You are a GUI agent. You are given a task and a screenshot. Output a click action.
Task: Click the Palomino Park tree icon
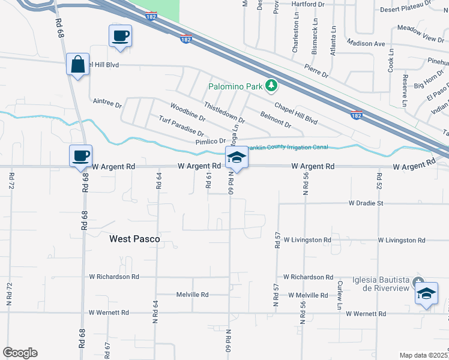coord(271,86)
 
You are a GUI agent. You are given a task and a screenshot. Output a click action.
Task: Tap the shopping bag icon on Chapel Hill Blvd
coord(79,64)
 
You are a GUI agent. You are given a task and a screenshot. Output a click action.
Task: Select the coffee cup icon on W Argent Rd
coord(80,156)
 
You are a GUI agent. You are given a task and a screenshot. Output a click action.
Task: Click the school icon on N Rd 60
coord(237,158)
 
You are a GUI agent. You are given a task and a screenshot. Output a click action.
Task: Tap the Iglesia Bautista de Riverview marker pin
coord(420,281)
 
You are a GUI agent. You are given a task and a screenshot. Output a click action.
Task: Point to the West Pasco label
coord(134,239)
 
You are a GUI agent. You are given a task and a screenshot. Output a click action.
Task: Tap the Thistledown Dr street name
coord(224,112)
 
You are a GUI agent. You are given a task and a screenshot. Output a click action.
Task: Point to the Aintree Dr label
coord(107,104)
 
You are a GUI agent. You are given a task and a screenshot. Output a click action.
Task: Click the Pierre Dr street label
coord(316,71)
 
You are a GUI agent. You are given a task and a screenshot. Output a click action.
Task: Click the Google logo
coord(20,352)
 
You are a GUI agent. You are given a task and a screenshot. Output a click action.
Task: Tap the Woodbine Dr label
coord(187,112)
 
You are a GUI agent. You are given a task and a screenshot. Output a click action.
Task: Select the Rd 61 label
coord(209,181)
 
